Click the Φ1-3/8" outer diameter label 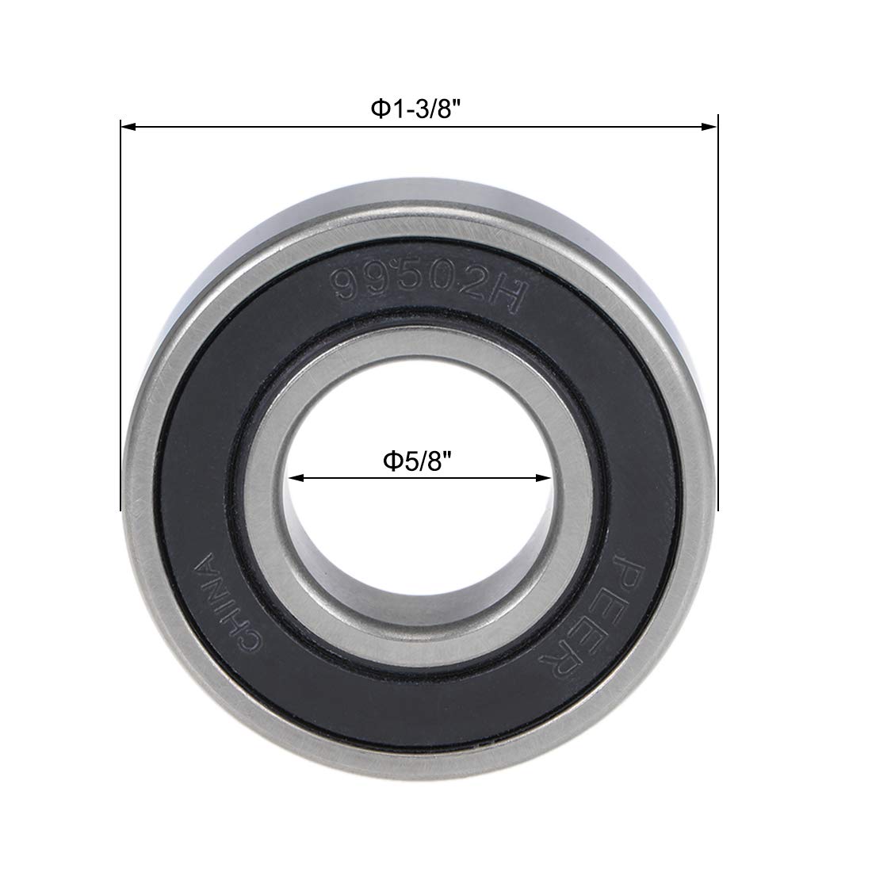coord(417,109)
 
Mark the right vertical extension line coord(717,317)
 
